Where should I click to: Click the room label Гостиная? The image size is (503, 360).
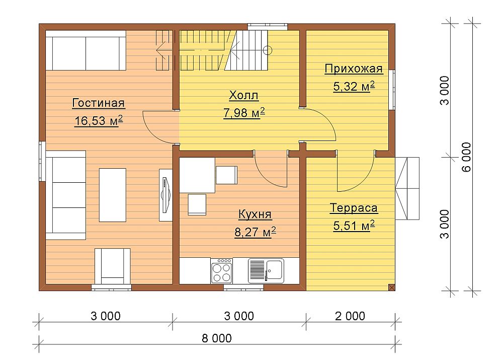pyautogui.click(x=99, y=103)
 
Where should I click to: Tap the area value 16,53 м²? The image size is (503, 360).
pyautogui.click(x=99, y=121)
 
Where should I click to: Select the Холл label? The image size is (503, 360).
pyautogui.click(x=244, y=95)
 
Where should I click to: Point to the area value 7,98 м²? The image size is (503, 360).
pyautogui.click(x=244, y=113)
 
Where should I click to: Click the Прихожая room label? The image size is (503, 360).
pyautogui.click(x=354, y=68)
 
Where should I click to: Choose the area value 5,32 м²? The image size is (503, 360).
pyautogui.click(x=354, y=87)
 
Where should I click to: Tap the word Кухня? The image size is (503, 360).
pyautogui.click(x=255, y=214)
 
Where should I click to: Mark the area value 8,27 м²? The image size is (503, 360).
pyautogui.click(x=255, y=232)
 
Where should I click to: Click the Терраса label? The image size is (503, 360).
pyautogui.click(x=354, y=208)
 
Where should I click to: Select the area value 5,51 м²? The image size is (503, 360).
pyautogui.click(x=354, y=226)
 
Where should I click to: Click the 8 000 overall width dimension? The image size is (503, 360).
pyautogui.click(x=217, y=338)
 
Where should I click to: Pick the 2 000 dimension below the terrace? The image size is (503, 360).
pyautogui.click(x=350, y=316)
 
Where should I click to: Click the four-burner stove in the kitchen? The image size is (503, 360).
pyautogui.click(x=222, y=271)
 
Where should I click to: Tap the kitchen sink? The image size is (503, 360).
pyautogui.click(x=266, y=271)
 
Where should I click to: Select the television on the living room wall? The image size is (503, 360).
pyautogui.click(x=165, y=195)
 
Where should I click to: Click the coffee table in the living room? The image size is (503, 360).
pyautogui.click(x=112, y=195)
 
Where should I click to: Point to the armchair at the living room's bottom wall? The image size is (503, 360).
pyautogui.click(x=112, y=266)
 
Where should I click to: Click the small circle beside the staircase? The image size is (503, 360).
pyautogui.click(x=268, y=50)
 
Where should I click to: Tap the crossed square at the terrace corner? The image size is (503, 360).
pyautogui.click(x=391, y=287)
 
